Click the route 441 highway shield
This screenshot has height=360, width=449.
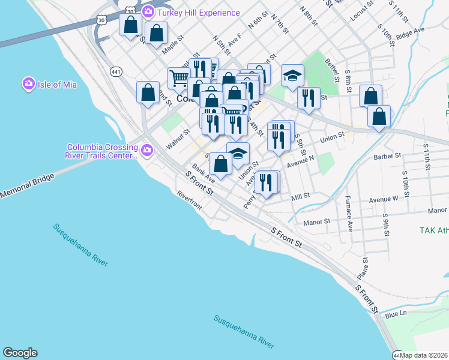[116, 72]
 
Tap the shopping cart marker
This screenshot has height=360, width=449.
[179, 77]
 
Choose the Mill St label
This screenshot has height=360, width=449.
[300, 196]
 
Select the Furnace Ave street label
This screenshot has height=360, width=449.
[349, 213]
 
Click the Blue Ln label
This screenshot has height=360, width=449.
[396, 314]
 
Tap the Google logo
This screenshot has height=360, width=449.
[20, 353]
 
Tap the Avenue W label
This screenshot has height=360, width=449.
[384, 199]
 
